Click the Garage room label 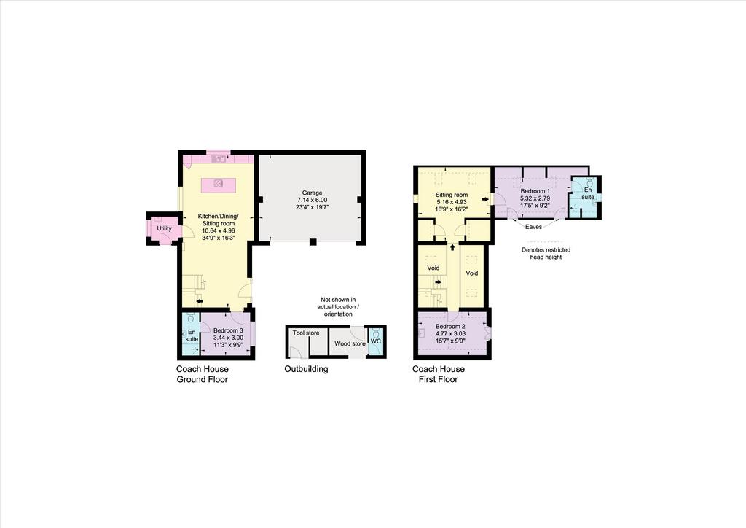point(312,193)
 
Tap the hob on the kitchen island point(218,183)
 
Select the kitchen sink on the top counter point(220,159)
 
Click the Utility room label point(164,228)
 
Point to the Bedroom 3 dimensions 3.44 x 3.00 point(228,338)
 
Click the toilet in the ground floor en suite point(191,317)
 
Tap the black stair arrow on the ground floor point(199,301)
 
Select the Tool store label point(306,333)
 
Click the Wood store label point(350,343)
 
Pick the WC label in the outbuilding point(376,341)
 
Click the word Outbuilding point(307,369)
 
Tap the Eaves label point(533,227)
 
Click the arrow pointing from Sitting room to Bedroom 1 point(484,199)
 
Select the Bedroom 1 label point(535,191)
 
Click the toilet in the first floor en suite point(589,182)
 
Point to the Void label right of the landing point(471,273)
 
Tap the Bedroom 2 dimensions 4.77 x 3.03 point(450,333)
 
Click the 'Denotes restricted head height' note point(546,253)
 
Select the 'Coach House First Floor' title point(438,374)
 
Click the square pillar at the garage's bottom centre point(313,242)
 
